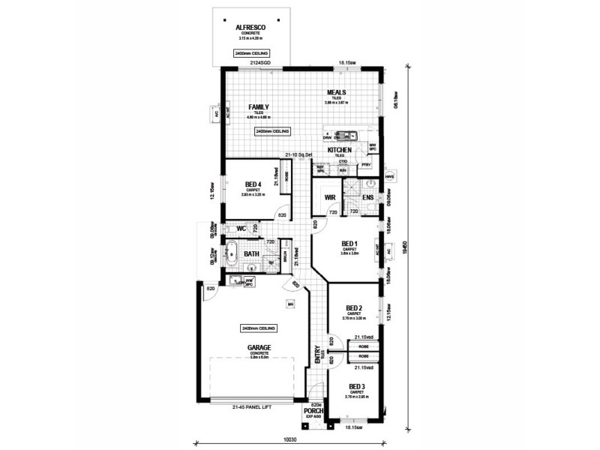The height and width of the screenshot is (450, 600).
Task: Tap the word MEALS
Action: click(335, 93)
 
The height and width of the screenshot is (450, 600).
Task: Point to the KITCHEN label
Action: click(340, 150)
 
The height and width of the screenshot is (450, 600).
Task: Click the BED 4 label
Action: click(253, 184)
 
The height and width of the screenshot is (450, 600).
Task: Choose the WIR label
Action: click(329, 198)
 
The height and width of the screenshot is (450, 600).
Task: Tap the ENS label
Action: click(367, 198)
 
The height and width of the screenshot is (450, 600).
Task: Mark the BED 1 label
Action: click(349, 244)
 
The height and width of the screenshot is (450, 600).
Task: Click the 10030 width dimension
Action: click(289, 441)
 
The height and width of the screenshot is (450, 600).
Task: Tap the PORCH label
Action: click(313, 412)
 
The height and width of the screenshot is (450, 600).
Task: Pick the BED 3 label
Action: click(358, 386)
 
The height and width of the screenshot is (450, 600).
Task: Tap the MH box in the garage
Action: click(289, 304)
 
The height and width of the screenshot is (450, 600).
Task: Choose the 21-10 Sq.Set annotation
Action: click(298, 155)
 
